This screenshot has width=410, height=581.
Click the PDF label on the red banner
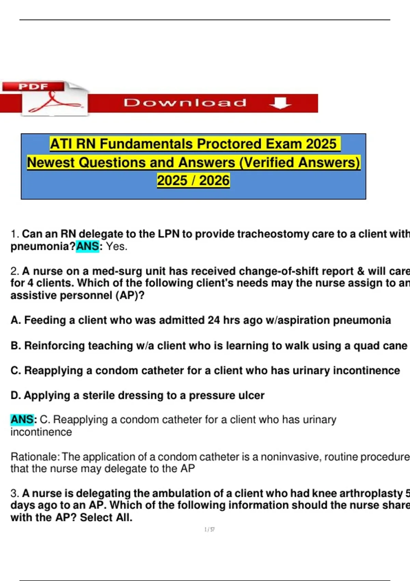tap(33, 86)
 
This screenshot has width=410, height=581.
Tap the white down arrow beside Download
tap(280, 103)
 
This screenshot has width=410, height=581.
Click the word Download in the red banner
tap(185, 103)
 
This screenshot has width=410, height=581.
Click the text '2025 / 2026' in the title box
tap(193, 180)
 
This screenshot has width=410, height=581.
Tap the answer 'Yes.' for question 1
tap(117, 246)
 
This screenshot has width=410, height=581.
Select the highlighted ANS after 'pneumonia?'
tap(87, 246)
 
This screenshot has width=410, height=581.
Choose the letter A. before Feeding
tap(16, 320)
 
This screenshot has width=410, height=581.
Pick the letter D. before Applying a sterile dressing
tap(16, 395)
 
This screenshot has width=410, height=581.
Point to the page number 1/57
tap(209, 529)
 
